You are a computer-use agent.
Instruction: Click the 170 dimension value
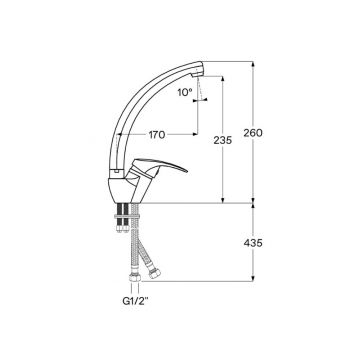click(x=157, y=135)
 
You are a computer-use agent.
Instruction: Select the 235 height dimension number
click(x=223, y=140)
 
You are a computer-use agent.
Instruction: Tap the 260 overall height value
click(x=253, y=133)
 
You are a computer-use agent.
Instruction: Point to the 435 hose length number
click(x=253, y=243)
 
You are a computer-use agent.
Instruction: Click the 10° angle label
click(x=185, y=92)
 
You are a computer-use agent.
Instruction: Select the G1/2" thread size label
click(x=135, y=301)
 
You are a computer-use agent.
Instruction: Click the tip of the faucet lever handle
click(x=187, y=171)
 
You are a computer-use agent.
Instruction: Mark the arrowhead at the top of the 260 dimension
click(x=253, y=64)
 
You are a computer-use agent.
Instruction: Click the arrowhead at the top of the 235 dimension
click(x=223, y=79)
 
